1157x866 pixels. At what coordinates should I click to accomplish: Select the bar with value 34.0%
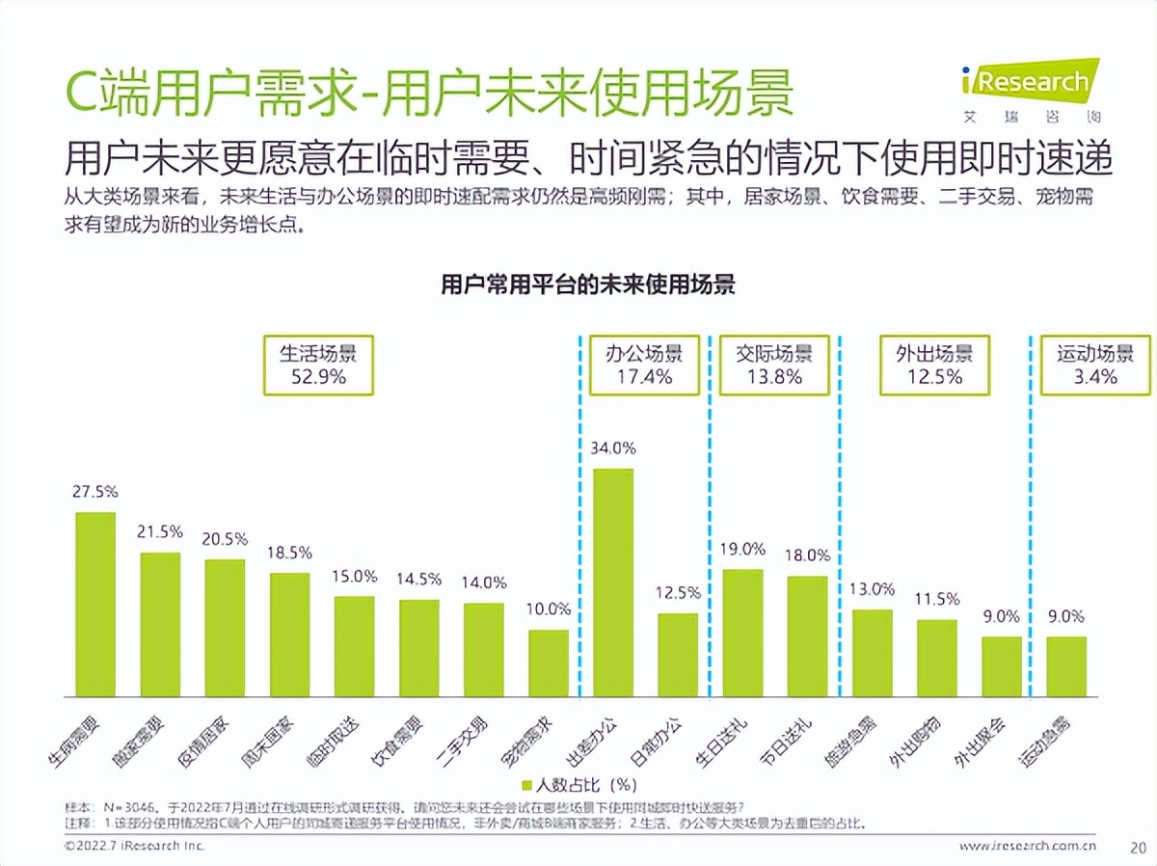(613, 582)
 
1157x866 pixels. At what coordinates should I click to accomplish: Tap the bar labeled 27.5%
(95, 604)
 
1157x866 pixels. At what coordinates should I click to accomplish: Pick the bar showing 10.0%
(549, 663)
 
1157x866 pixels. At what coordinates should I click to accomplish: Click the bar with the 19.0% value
(742, 633)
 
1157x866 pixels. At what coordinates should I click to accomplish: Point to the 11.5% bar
(936, 658)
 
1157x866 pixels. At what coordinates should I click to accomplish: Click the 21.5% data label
(160, 531)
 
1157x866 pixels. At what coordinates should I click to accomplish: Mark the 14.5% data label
(418, 579)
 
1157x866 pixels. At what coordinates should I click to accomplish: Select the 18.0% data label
(808, 555)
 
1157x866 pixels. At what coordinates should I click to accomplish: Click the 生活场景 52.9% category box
(318, 365)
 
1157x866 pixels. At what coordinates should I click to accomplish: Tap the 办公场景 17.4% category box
(644, 365)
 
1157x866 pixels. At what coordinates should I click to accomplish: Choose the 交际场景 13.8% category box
(773, 365)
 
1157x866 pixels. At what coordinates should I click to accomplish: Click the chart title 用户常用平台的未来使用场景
(588, 285)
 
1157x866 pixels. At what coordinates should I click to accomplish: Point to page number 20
(1136, 847)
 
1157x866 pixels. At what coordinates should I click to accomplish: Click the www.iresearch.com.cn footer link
(1028, 847)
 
